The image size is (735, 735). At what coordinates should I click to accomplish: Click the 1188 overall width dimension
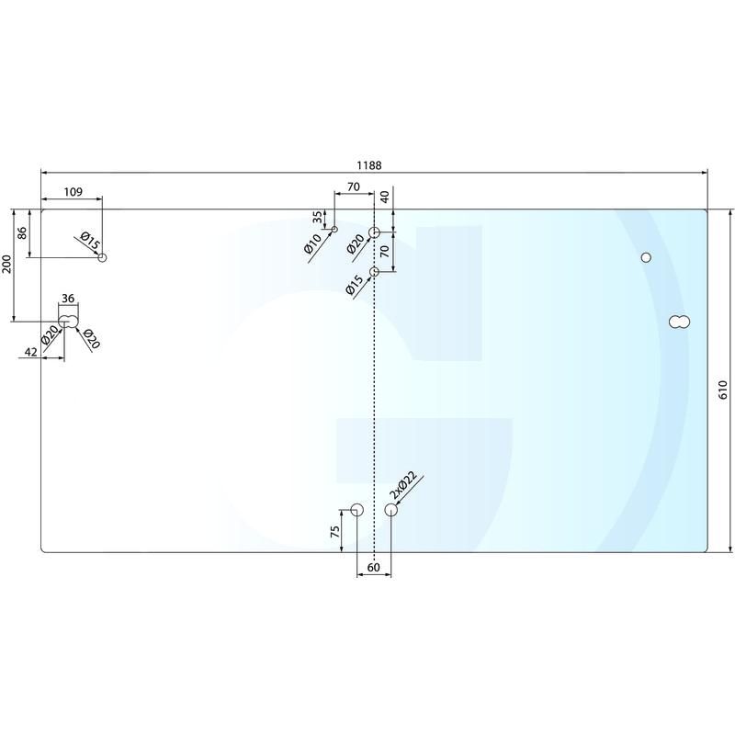pos(369,165)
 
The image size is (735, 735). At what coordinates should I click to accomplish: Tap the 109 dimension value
pos(73,191)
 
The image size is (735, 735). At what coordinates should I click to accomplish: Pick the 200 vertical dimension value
pos(7,266)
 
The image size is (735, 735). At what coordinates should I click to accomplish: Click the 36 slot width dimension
pos(67,298)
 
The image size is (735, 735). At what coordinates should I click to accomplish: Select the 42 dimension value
pos(30,350)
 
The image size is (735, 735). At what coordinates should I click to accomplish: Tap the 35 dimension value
pos(318,219)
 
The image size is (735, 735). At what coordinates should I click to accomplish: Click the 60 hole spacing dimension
pos(374,568)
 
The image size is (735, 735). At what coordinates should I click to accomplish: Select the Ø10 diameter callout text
pos(313,245)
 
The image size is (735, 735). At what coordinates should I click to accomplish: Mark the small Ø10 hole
pos(334,229)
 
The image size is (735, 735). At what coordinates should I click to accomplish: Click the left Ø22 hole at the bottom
pos(357,510)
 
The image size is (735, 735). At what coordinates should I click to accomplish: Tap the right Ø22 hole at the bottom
pos(391,510)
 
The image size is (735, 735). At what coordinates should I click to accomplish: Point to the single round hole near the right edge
pos(646,257)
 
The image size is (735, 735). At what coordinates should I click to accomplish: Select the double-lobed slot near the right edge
pos(680,322)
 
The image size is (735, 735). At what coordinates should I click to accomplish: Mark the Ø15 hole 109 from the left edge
pos(103,257)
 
